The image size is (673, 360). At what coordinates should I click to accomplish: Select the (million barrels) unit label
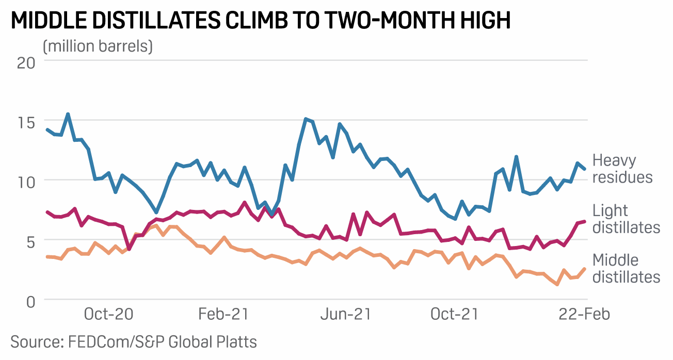(98, 46)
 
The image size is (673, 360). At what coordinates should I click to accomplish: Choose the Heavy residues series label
(622, 169)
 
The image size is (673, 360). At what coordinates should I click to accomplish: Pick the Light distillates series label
(626, 219)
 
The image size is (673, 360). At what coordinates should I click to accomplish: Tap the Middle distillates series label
(626, 268)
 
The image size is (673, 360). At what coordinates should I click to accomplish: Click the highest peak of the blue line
(68, 114)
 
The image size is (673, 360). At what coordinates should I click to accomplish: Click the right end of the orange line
(584, 268)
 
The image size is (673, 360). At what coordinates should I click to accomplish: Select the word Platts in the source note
(235, 341)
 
